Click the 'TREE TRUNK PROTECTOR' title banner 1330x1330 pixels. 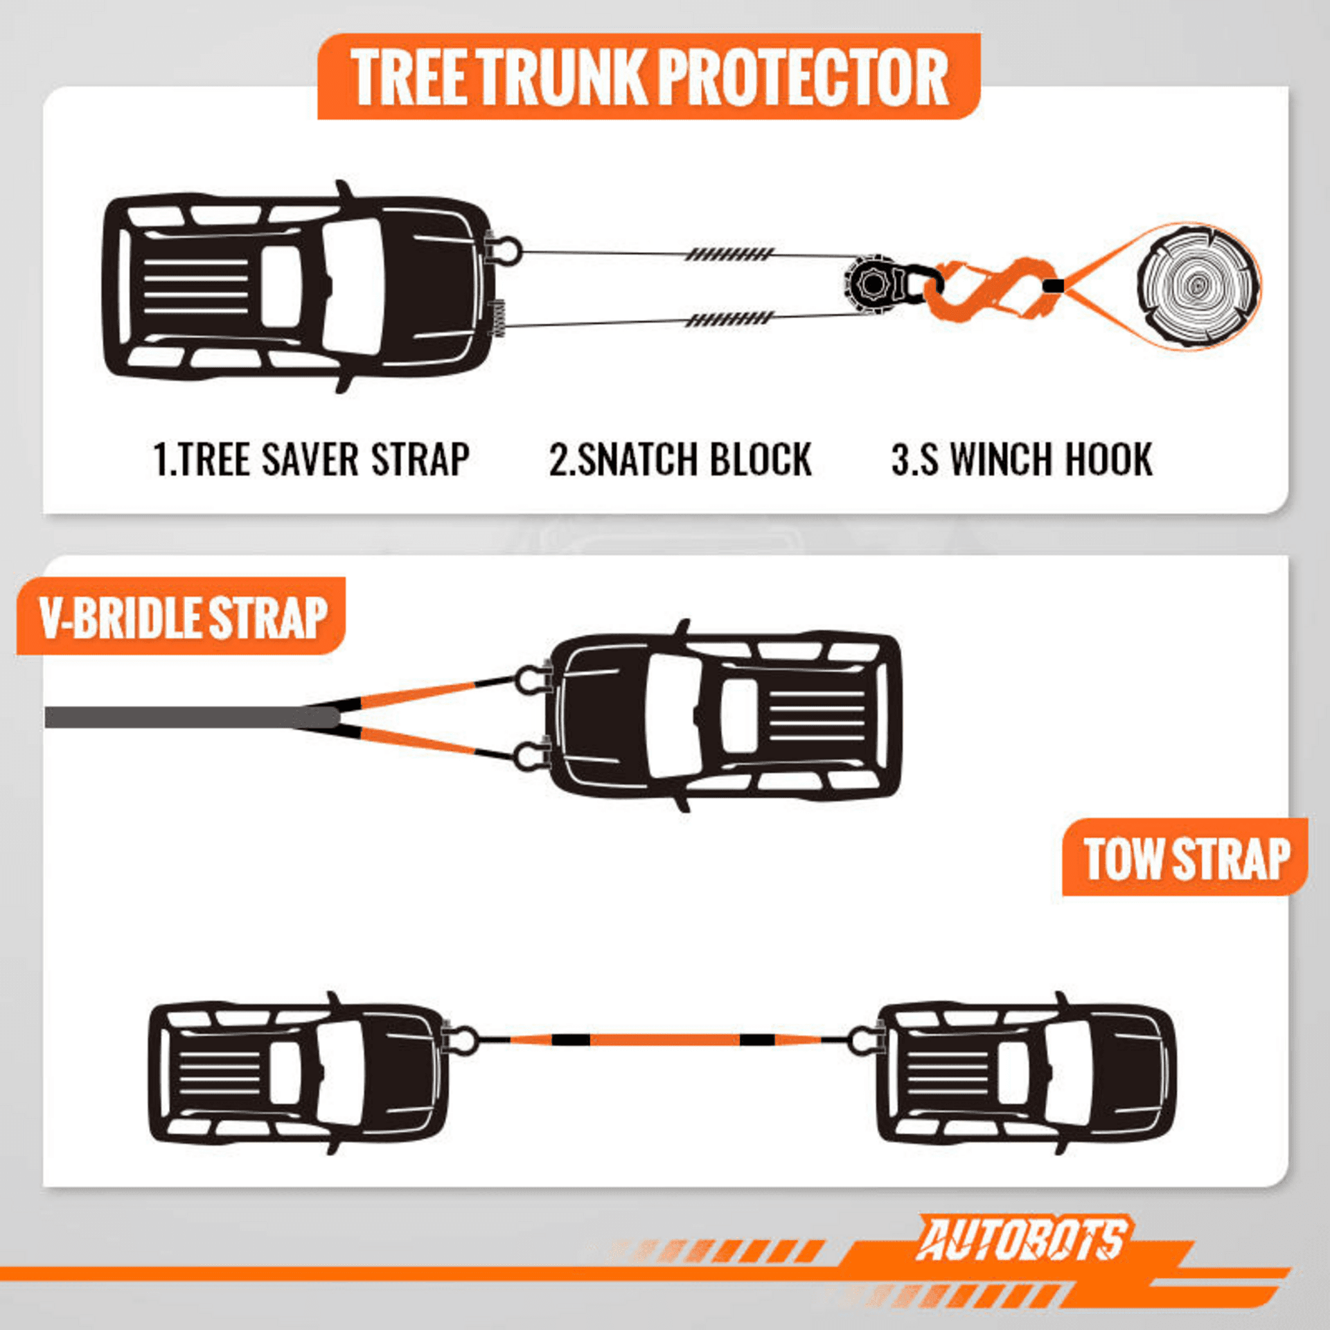649,76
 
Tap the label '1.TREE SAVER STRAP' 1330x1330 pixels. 311,459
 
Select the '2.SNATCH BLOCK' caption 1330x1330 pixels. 680,459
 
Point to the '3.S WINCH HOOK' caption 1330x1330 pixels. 1022,459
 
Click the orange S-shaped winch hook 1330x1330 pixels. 991,287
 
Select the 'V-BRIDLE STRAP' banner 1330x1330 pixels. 181,617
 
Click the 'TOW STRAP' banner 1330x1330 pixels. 1185,858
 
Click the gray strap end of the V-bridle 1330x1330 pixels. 190,717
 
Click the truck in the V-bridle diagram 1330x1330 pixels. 724,716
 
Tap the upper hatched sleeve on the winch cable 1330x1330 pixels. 729,254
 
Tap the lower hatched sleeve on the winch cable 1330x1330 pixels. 729,319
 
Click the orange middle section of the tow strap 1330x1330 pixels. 664,1040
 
